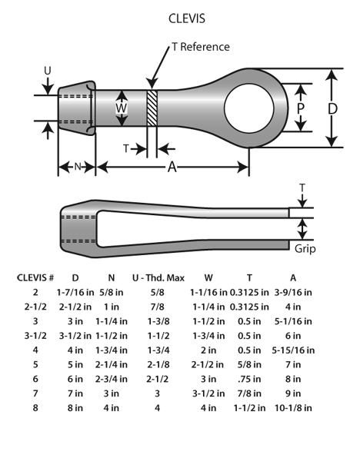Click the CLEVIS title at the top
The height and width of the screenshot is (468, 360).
(187, 18)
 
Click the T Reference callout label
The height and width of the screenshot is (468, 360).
(201, 47)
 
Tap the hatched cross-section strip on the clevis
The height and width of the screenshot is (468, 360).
(152, 108)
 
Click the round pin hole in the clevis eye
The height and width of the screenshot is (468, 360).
(249, 108)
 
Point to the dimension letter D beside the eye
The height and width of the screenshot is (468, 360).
(332, 108)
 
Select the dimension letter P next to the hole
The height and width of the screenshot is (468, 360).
(300, 108)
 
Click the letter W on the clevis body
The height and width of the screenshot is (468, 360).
(122, 108)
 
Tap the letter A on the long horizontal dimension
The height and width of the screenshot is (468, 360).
(172, 167)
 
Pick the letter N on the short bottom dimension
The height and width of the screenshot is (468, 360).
(78, 167)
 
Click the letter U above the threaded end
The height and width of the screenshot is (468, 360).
(48, 71)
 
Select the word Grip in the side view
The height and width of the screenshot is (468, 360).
(305, 249)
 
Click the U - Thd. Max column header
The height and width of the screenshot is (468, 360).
(158, 278)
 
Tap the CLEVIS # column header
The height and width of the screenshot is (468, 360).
(35, 278)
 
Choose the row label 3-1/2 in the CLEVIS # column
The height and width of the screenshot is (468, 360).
(35, 336)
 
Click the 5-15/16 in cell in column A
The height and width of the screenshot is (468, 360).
(293, 350)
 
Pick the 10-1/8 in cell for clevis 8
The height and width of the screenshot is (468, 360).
(293, 408)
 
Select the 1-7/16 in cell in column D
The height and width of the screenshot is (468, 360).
(75, 292)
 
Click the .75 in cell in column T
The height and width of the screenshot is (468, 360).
(249, 379)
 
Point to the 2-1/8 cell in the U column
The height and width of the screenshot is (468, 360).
(158, 364)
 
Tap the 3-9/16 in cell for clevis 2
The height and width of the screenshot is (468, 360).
(293, 292)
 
